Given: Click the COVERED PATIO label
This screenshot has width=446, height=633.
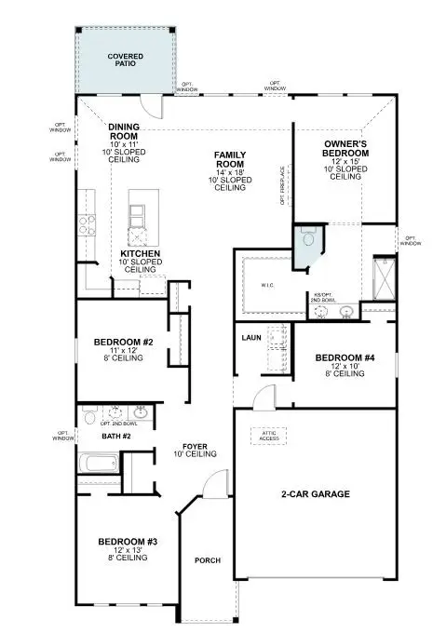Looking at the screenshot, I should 124,60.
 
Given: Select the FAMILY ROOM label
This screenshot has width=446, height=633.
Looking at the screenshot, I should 230,159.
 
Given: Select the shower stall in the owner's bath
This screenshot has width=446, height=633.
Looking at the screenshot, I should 381,274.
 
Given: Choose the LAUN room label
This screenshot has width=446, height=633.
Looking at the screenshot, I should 250,338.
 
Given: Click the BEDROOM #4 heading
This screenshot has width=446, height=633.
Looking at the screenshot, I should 344,357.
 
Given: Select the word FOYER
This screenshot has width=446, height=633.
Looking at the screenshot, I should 195,447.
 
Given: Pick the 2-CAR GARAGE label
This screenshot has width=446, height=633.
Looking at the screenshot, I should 315,493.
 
